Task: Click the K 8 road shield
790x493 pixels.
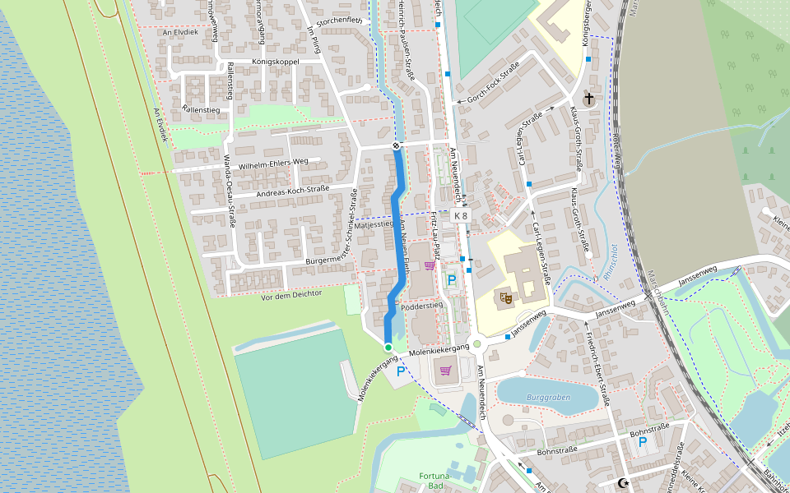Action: pos(460,216)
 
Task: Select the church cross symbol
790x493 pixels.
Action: pos(588,99)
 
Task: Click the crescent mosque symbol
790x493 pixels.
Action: pos(623,484)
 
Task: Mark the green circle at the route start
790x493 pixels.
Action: pos(388,348)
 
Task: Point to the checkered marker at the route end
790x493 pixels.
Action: pos(397,146)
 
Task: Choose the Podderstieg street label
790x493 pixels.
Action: pos(422,306)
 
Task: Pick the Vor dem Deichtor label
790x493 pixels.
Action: pos(290,294)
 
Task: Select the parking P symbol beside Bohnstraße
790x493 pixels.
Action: pos(643,442)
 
